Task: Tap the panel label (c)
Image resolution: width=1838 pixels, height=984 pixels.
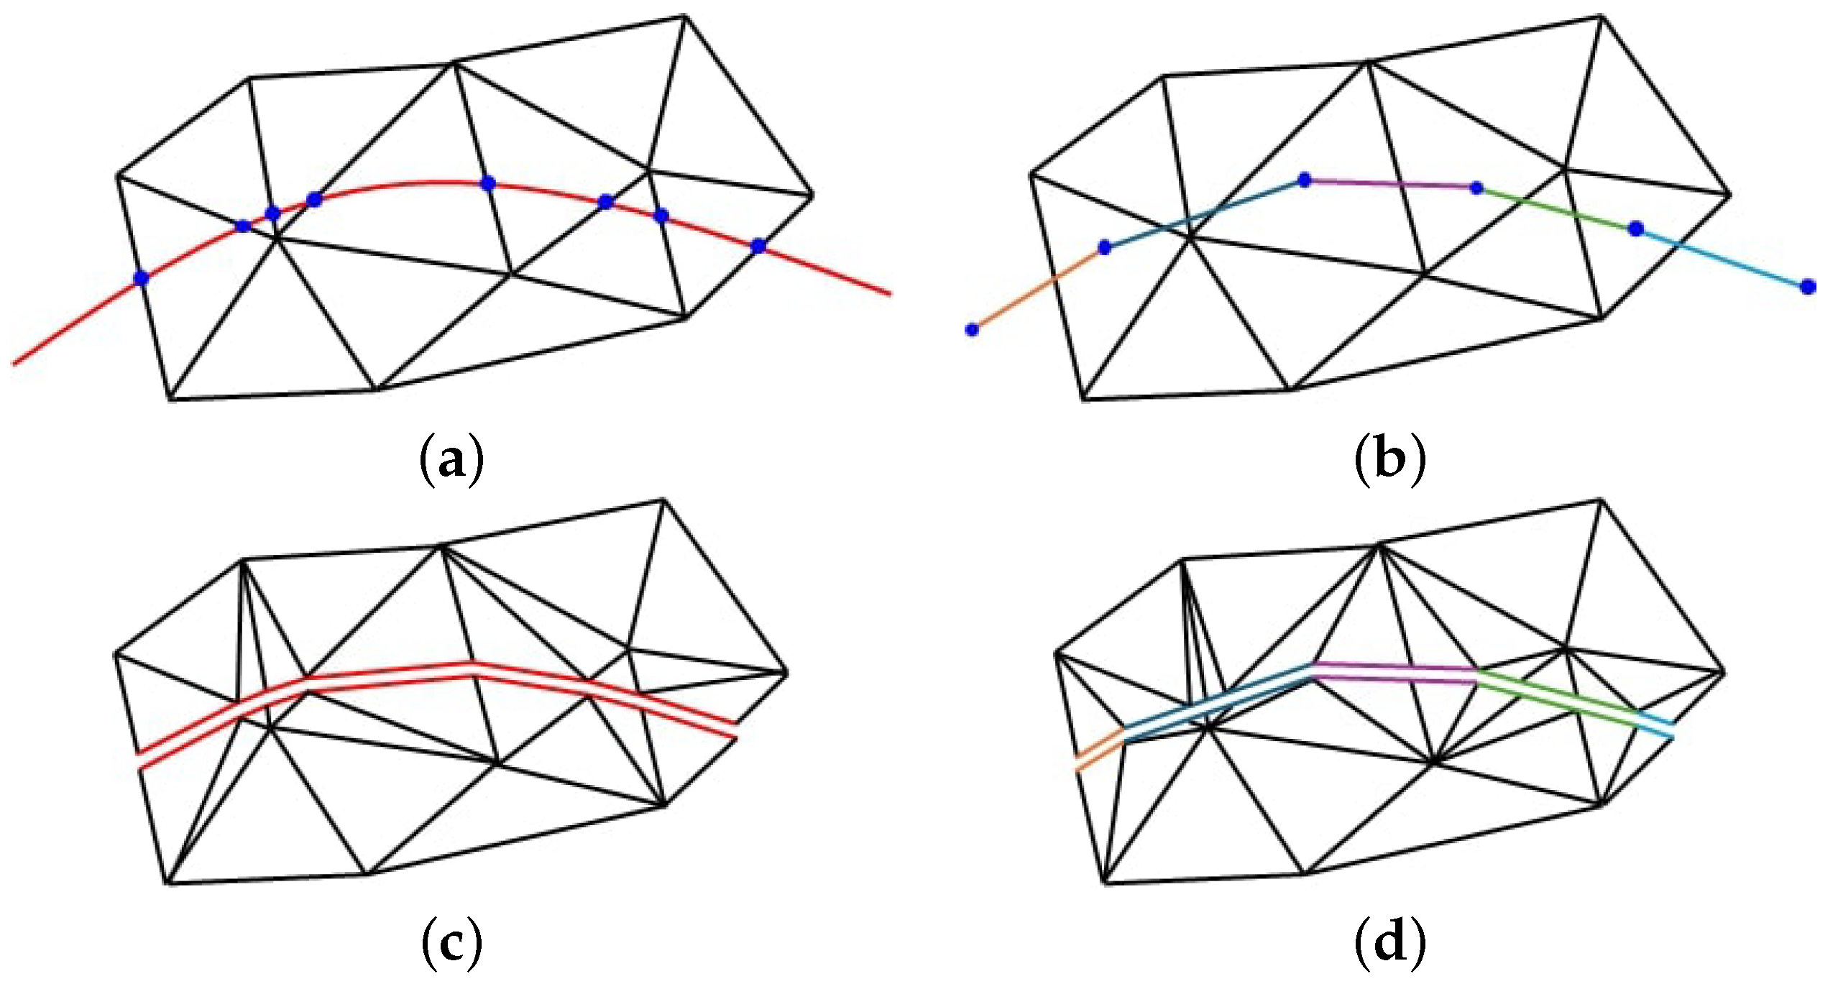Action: (x=451, y=942)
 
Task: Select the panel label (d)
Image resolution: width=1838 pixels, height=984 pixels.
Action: (x=1389, y=942)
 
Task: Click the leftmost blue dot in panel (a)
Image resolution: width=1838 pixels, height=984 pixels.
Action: (x=142, y=278)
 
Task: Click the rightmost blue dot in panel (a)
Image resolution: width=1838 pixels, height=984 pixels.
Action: (x=758, y=246)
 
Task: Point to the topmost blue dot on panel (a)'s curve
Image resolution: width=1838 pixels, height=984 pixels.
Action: (x=488, y=183)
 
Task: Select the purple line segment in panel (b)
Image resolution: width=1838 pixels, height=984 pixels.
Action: (x=1391, y=184)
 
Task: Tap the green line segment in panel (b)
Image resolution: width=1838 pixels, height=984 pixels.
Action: (x=1556, y=209)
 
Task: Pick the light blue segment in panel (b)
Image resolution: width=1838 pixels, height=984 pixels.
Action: (x=1722, y=257)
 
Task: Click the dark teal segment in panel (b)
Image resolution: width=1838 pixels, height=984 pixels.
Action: (x=1204, y=213)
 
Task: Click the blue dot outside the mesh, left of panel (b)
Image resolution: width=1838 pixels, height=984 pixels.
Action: (x=972, y=329)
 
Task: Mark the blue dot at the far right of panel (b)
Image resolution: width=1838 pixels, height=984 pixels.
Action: (x=1809, y=287)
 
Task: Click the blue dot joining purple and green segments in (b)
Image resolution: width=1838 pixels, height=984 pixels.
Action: (x=1476, y=188)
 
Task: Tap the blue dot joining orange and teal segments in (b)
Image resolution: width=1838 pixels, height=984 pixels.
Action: (x=1105, y=248)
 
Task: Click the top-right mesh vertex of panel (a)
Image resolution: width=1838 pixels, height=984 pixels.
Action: (x=684, y=16)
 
